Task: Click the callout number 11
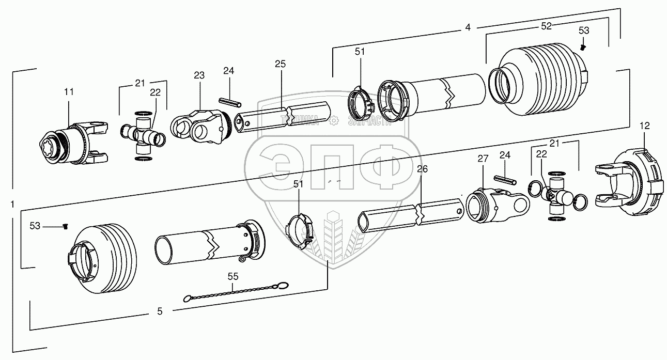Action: (x=69, y=91)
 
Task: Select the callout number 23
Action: (x=199, y=75)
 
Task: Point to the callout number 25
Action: (x=280, y=64)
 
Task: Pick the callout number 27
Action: (x=482, y=159)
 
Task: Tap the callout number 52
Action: (x=547, y=25)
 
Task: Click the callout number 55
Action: (x=233, y=276)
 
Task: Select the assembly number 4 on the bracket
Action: (x=468, y=27)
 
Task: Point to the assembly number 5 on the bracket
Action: (x=160, y=311)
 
